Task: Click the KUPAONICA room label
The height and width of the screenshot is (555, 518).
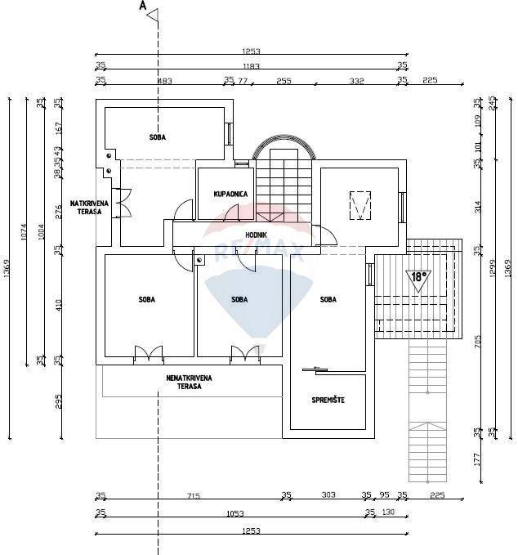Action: coord(230,194)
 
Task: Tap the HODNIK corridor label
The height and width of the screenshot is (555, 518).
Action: coord(257,235)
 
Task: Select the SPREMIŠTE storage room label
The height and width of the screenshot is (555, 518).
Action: coord(328,400)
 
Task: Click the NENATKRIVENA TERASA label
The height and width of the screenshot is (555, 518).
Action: coord(190,382)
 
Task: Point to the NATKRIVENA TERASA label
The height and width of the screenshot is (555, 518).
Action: coord(86,207)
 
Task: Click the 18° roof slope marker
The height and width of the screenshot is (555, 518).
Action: coord(418,276)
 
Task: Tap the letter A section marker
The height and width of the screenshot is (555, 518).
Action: coord(143,6)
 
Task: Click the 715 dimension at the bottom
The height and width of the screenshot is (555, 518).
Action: coord(193,495)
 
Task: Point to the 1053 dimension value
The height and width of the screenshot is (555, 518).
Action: coord(233,512)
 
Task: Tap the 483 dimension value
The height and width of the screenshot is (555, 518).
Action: coord(164,80)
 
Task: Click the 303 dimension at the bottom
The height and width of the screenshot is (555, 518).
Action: coord(328,495)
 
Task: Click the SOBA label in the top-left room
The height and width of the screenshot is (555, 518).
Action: coord(158,137)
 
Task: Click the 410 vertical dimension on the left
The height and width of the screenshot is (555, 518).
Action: coord(58,305)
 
